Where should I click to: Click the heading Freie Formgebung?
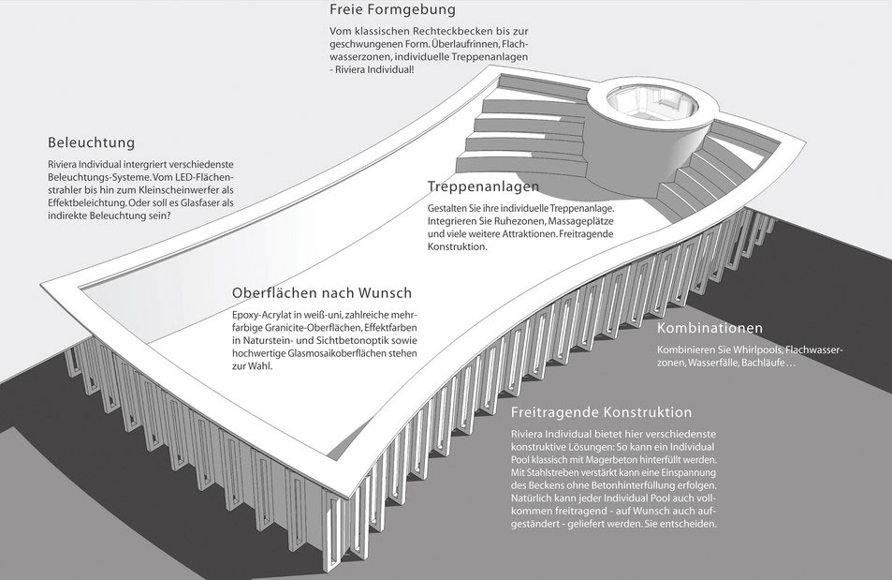392,9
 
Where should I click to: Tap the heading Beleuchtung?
91,142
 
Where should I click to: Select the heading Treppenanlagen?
483,186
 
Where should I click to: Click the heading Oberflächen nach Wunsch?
321,293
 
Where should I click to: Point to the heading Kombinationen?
709,328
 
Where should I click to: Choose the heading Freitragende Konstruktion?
601,412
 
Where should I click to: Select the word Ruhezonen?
514,221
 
